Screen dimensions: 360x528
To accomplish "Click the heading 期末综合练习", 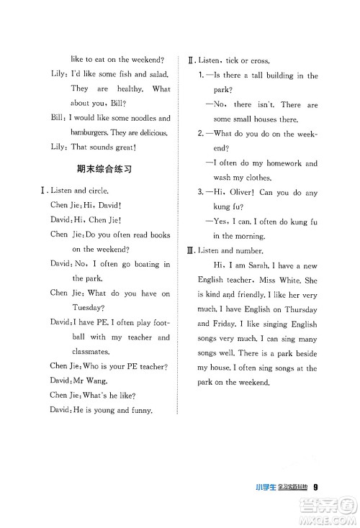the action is (x=107, y=170).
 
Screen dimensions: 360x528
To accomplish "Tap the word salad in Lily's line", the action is (x=157, y=74).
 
